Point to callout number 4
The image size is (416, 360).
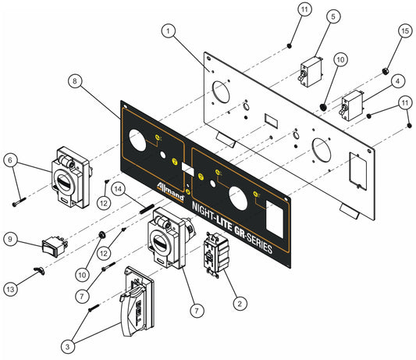[397, 80]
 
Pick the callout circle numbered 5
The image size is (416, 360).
[333, 16]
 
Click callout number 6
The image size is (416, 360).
[10, 160]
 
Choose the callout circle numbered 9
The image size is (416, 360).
[10, 237]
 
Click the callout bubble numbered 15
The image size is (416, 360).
[404, 31]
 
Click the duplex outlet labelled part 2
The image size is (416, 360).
[214, 254]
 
